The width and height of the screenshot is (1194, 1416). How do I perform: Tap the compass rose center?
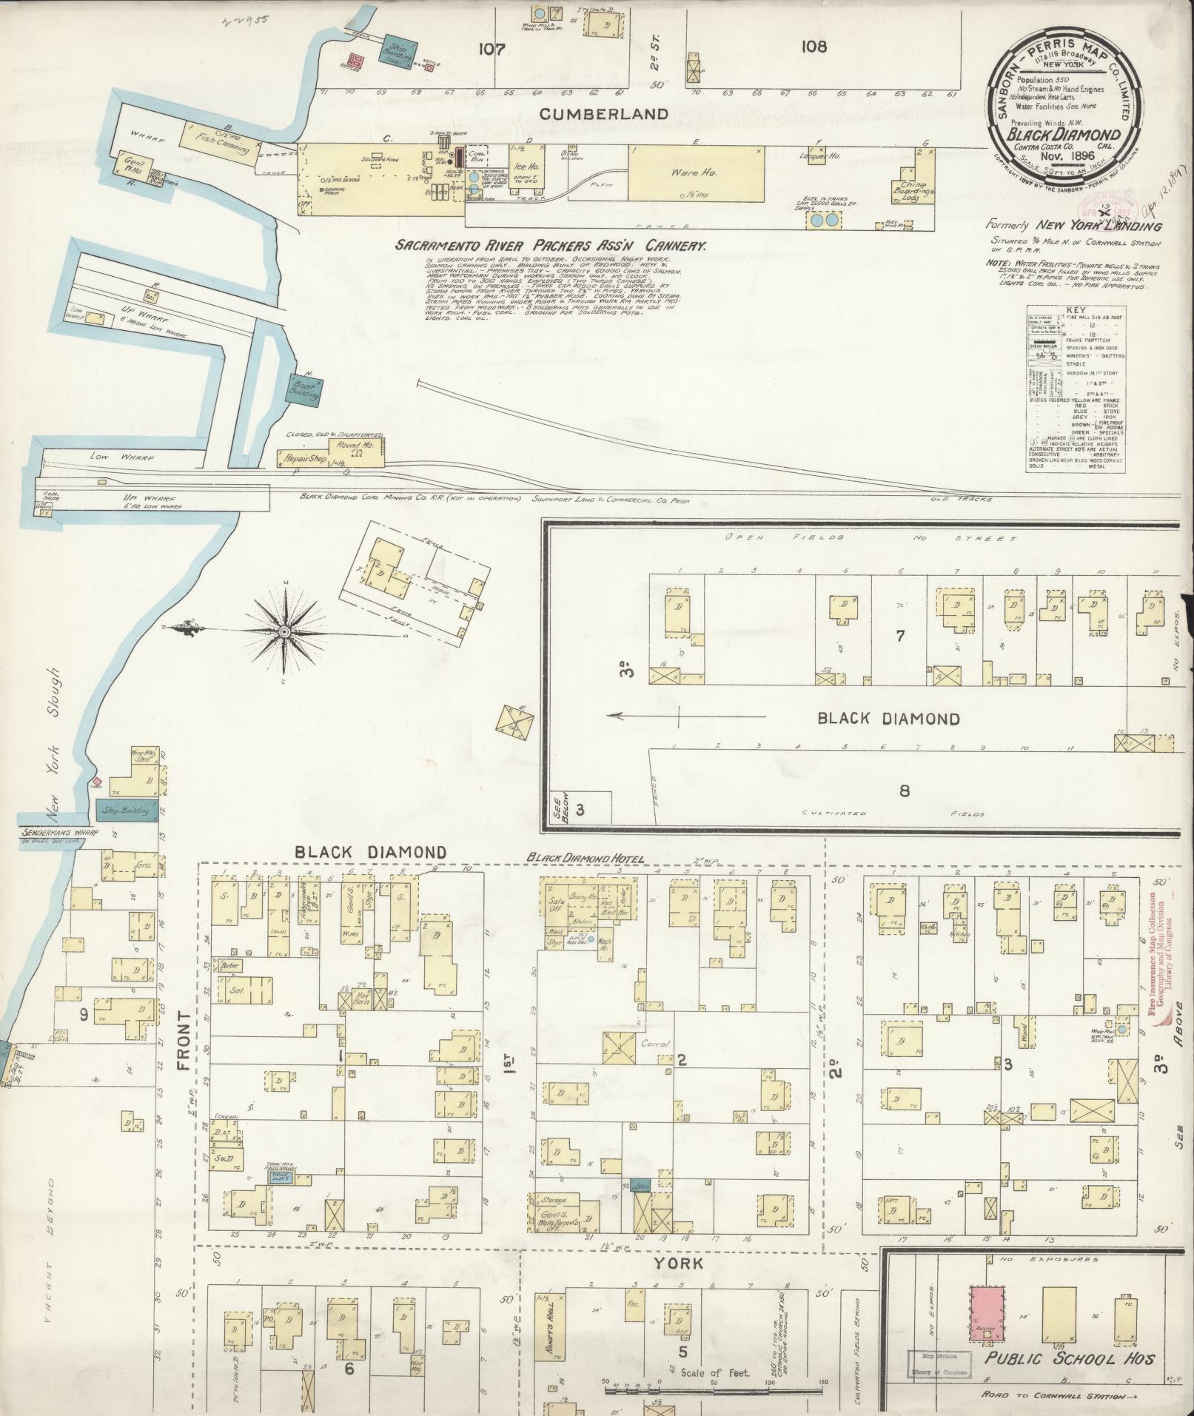(x=285, y=631)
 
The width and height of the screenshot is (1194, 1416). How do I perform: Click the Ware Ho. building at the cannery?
(x=695, y=172)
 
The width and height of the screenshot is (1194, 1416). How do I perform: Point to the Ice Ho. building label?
(x=524, y=167)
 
